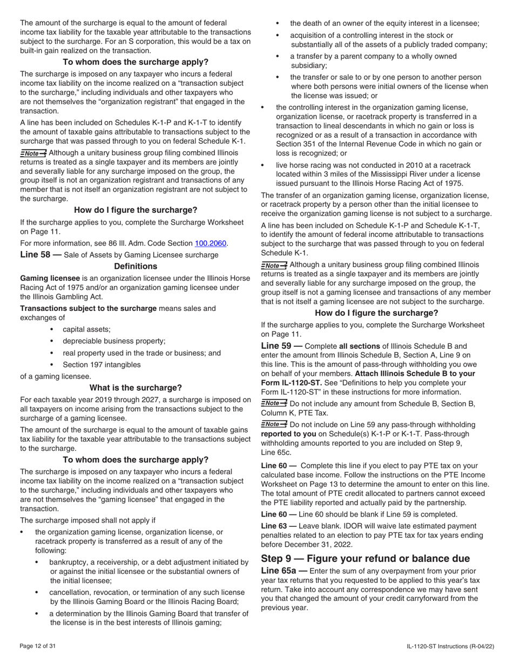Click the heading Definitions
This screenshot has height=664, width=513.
tap(136, 266)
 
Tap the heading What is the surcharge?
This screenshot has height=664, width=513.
tap(136, 388)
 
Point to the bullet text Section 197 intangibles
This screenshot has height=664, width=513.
tap(102, 364)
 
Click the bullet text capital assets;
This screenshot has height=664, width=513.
tap(86, 329)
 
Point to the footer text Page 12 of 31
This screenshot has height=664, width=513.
tap(38, 646)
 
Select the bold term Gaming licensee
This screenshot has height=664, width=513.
tap(50, 278)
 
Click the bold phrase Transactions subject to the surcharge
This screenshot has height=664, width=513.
tap(88, 308)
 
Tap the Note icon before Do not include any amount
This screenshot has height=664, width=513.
tap(274, 404)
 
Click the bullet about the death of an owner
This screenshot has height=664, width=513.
tap(384, 23)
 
